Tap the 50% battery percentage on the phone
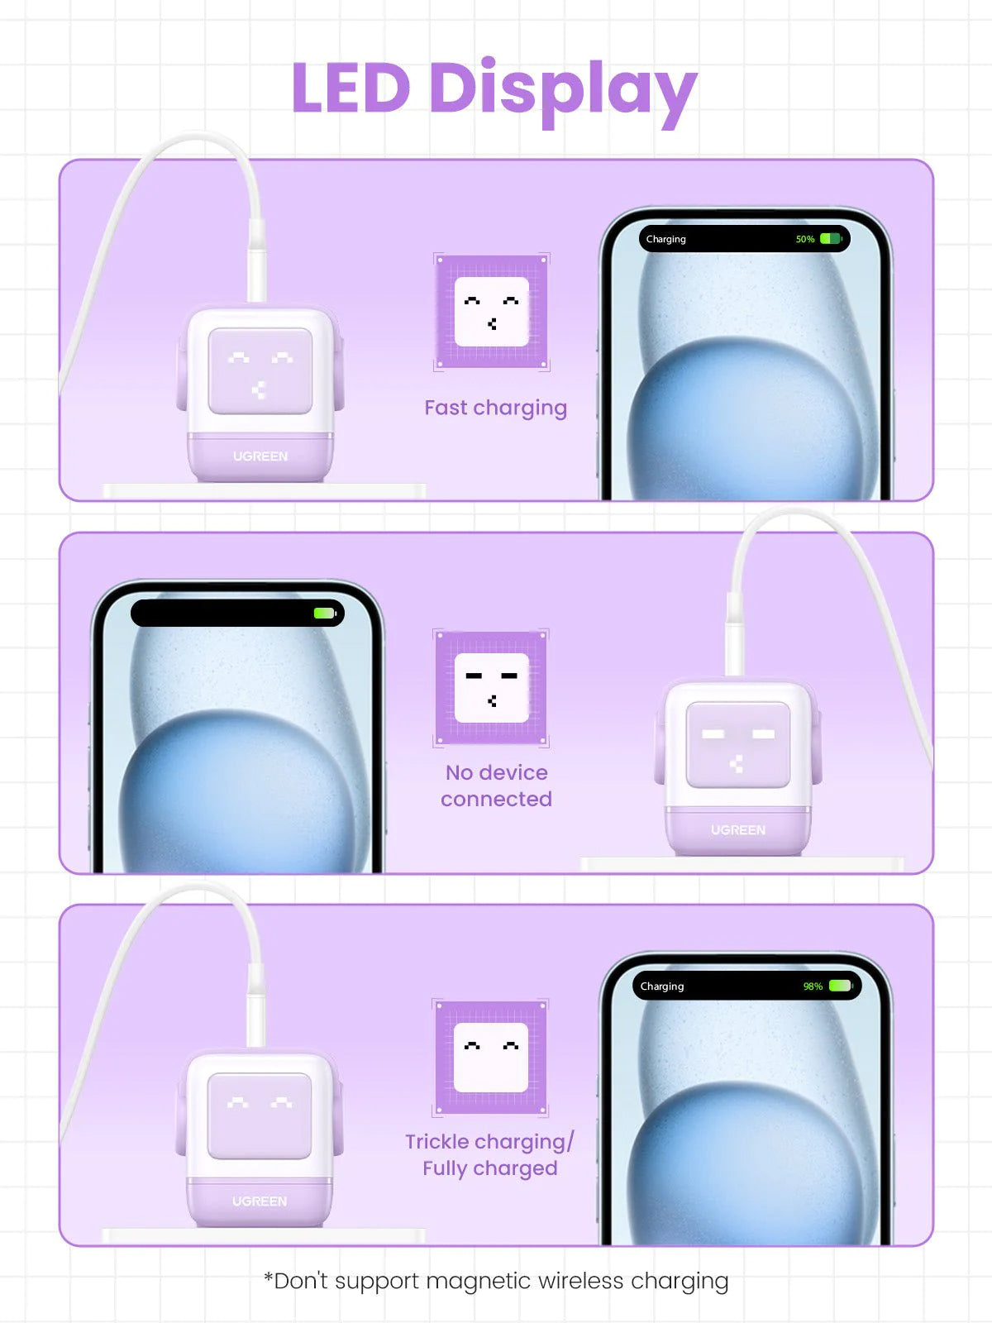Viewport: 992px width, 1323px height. coord(804,239)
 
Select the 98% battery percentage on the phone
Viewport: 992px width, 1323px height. coord(813,986)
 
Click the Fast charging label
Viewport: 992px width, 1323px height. coord(496,408)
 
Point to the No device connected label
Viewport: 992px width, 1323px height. coord(496,786)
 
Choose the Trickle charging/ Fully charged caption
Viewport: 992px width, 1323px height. coord(489,1155)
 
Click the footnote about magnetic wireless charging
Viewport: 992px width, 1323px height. coord(496,1282)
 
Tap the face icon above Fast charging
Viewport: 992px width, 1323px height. coord(492,312)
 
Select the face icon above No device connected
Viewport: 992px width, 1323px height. coord(492,688)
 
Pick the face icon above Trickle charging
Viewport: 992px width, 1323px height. coord(491,1058)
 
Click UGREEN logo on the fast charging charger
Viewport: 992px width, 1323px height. coord(260,456)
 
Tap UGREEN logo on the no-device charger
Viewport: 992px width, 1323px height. coord(738,830)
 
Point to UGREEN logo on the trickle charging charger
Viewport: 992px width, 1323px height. coord(260,1201)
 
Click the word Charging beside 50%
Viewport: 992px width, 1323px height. coord(665,239)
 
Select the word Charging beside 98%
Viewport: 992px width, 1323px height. coord(662,986)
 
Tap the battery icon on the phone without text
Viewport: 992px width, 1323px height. coord(325,613)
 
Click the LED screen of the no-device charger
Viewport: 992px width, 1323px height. coord(738,744)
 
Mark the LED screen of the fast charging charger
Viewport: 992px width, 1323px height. coord(260,371)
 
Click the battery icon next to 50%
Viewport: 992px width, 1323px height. coord(831,239)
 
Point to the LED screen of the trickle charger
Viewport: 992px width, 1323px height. coord(260,1116)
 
